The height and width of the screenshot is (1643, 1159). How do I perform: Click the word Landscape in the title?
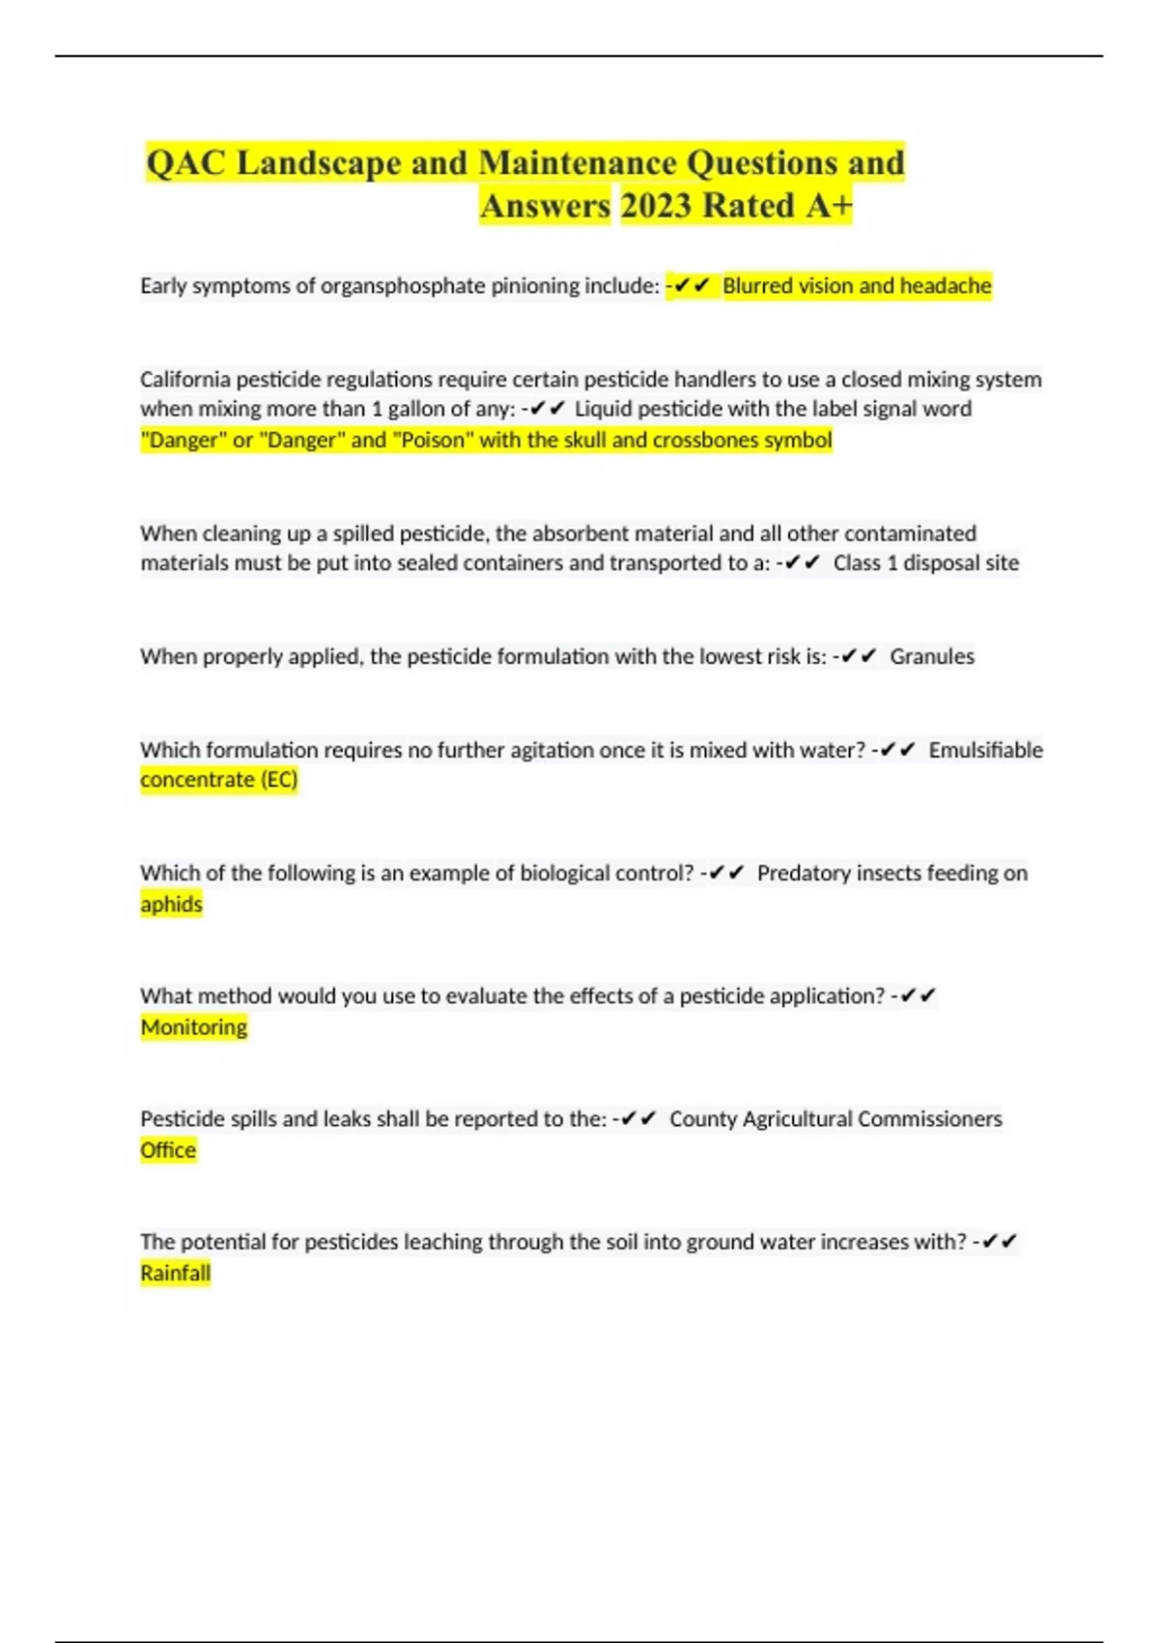[x=319, y=162]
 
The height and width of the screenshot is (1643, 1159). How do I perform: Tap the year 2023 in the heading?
[x=656, y=206]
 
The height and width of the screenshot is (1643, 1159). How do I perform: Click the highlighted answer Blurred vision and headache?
[x=857, y=286]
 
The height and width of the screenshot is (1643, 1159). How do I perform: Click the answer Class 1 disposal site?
[x=925, y=563]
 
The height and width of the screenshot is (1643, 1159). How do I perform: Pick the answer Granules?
[x=932, y=657]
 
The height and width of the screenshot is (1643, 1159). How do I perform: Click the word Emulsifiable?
[x=985, y=750]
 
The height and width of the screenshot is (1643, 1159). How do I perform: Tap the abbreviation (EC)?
[x=279, y=780]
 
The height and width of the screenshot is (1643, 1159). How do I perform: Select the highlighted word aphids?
[x=171, y=905]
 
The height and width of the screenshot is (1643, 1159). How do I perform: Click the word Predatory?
[x=803, y=874]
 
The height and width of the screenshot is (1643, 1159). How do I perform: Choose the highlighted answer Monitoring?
[x=194, y=1027]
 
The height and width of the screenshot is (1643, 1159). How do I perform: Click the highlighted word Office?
[x=168, y=1150]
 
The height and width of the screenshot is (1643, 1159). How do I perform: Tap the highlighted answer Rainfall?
[x=175, y=1273]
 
